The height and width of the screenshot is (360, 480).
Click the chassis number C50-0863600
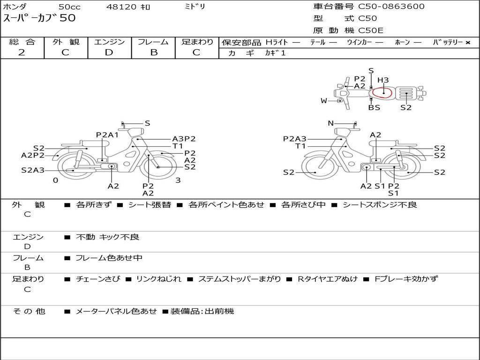coord(391,7)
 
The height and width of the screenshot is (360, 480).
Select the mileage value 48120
coord(121,7)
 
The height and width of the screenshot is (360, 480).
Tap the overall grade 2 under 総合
coord(22,52)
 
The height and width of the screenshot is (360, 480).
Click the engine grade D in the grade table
coord(109,52)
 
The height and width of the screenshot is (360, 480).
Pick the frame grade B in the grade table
coord(154,52)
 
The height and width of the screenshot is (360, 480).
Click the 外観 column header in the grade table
coord(66,42)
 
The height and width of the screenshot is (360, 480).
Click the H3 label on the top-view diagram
coord(383,80)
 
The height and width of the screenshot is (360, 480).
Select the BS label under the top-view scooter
coord(374,107)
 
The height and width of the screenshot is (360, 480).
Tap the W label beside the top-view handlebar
coord(324,101)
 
